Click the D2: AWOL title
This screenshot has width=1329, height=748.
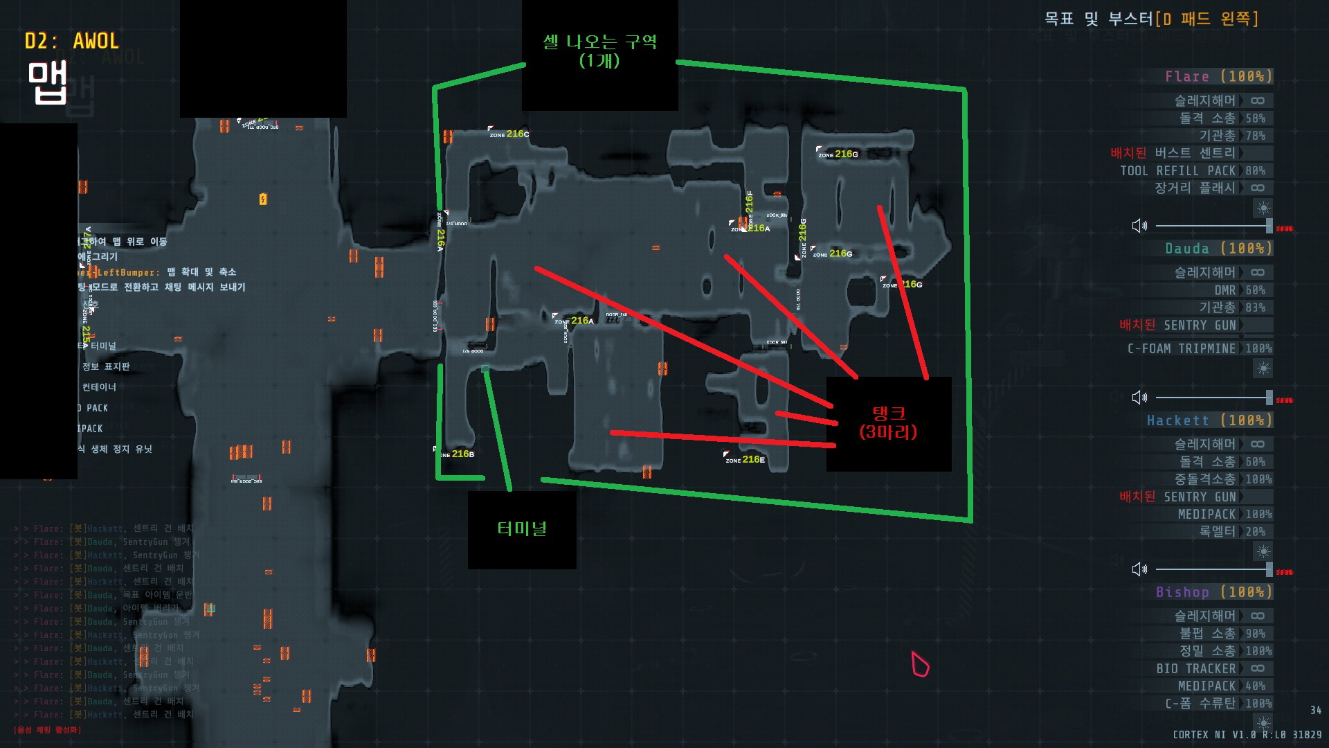coord(72,42)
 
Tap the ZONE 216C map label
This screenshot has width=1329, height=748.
coord(509,134)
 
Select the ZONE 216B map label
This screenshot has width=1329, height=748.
coord(456,454)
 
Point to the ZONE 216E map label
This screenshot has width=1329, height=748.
coord(745,459)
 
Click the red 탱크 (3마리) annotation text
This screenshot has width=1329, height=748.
coord(888,422)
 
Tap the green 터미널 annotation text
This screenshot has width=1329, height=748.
coord(522,528)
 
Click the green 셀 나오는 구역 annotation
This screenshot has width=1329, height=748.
coord(599,51)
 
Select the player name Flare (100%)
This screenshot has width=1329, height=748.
coord(1218,76)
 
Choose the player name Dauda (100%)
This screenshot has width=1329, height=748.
coord(1218,248)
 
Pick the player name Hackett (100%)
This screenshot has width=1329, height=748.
coord(1209,420)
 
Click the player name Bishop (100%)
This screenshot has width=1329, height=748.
coord(1213,592)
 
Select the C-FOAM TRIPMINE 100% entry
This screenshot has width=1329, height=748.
coord(1199,348)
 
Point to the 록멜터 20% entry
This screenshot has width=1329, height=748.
coord(1231,531)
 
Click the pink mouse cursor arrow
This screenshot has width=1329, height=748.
coord(919,664)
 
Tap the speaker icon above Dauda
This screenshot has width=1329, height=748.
coord(1139,226)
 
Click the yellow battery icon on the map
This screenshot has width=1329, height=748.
coord(263,199)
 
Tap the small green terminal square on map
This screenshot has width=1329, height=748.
coord(485,369)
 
